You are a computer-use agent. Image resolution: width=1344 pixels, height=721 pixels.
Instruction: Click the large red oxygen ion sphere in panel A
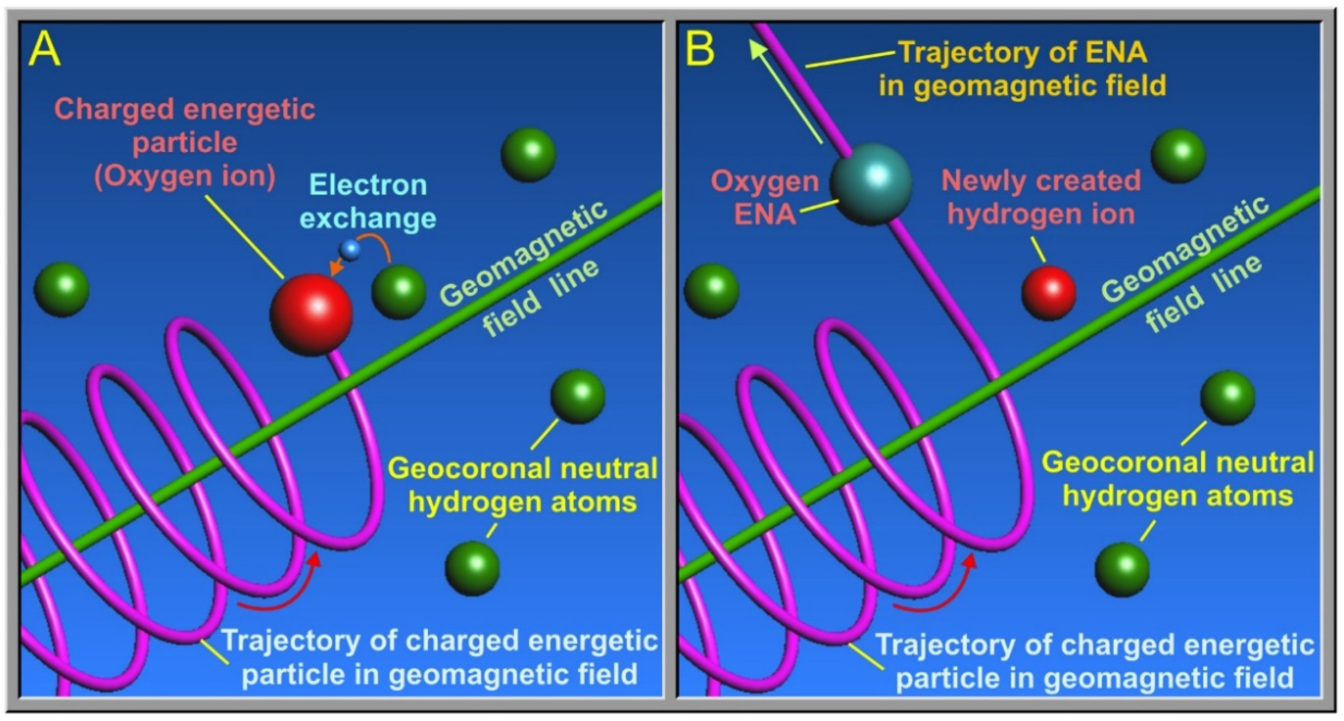point(311,315)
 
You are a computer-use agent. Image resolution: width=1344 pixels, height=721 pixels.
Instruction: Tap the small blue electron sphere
point(350,249)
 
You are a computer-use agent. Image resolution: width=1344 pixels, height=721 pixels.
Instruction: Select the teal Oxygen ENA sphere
point(871,184)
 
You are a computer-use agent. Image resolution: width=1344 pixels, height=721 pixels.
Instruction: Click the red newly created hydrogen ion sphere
point(1049,292)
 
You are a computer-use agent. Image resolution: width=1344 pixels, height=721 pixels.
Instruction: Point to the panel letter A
point(44,50)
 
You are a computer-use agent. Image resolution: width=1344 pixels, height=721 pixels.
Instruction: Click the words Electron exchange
point(368,201)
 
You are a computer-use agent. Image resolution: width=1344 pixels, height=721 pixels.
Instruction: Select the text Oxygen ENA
point(765,198)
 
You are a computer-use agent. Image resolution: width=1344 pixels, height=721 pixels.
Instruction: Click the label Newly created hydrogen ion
point(1041,197)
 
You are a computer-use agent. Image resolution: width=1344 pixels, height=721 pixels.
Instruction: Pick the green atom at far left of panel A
point(62,289)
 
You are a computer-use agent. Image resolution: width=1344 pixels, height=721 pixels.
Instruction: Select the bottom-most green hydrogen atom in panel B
point(1122,569)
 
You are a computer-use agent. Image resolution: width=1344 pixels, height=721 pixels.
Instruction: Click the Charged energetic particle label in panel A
point(184,142)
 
